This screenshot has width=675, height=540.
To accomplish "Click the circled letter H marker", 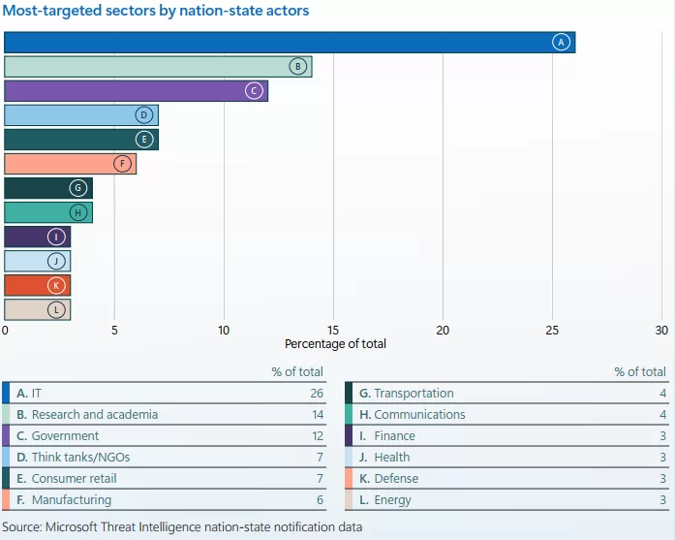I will coord(78,213).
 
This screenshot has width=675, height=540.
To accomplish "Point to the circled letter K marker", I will coord(56,286).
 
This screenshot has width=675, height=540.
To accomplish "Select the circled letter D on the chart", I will coord(144,115).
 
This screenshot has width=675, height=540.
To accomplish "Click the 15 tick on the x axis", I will coord(333,330).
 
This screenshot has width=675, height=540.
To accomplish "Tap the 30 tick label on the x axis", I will coord(661,330).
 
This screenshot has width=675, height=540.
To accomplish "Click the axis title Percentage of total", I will coord(335,344).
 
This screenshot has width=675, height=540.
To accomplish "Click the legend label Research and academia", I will coord(94,414).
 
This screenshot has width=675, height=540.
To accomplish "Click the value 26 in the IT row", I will coord(316,393).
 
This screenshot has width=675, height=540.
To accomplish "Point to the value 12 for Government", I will coord(316,435).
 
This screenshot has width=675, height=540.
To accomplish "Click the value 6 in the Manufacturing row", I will coord(319,499).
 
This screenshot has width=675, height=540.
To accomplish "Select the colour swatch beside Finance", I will coord(349,435).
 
